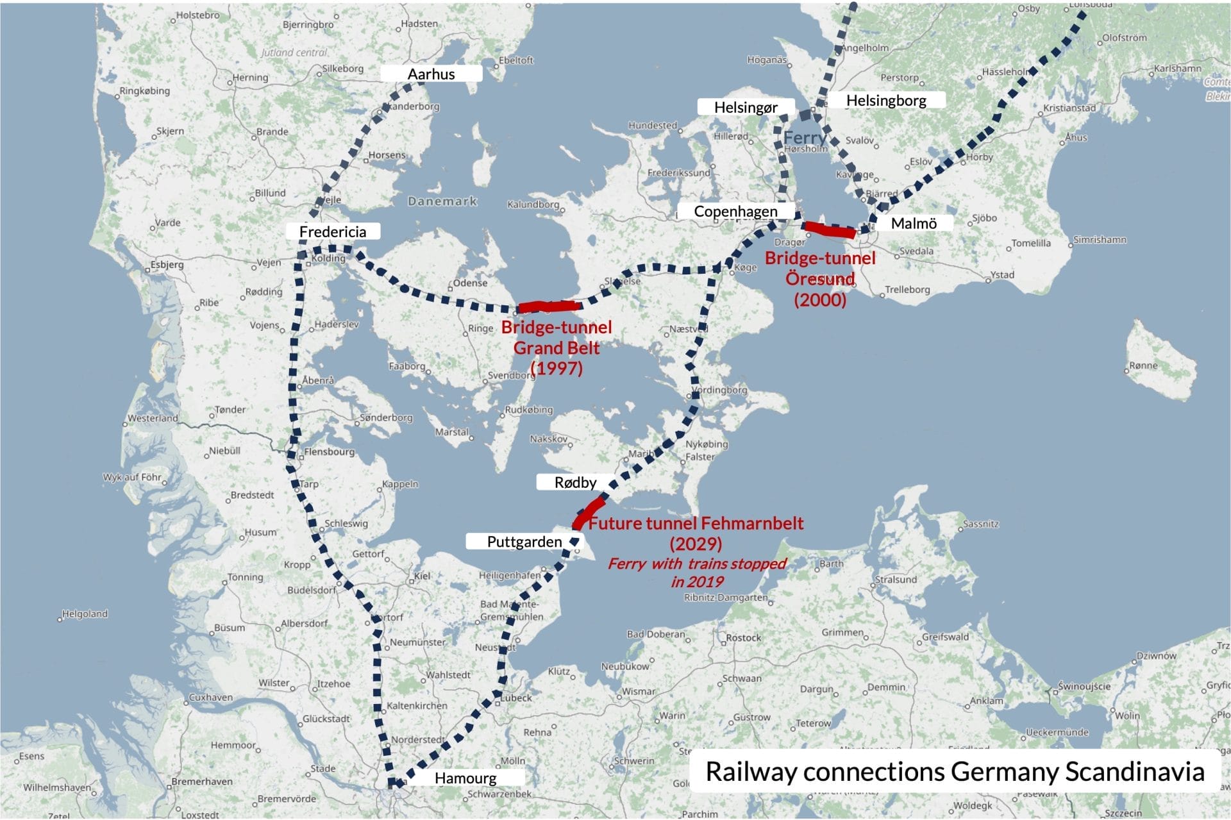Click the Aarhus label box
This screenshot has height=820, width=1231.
[431, 74]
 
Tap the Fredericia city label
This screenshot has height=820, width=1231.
[333, 231]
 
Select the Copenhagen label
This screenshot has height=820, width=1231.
[735, 211]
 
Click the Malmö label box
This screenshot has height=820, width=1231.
[913, 223]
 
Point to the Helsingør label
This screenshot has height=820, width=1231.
[746, 107]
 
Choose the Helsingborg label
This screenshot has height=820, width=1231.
[885, 100]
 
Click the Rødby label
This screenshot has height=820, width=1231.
[575, 482]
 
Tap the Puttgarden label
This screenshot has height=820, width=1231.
[524, 542]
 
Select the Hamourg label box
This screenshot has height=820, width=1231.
[465, 778]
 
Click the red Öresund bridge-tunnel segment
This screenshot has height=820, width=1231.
[830, 229]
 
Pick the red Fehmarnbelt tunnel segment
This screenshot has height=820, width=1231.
[589, 512]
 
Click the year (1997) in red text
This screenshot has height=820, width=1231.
[557, 368]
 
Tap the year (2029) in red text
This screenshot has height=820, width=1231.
[696, 544]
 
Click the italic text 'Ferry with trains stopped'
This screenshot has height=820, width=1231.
[696, 564]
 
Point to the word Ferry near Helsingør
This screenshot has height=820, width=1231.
[804, 137]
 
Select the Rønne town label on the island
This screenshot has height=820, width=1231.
[1144, 365]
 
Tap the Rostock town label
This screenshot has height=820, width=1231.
[744, 638]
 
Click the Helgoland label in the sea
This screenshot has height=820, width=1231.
[85, 614]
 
